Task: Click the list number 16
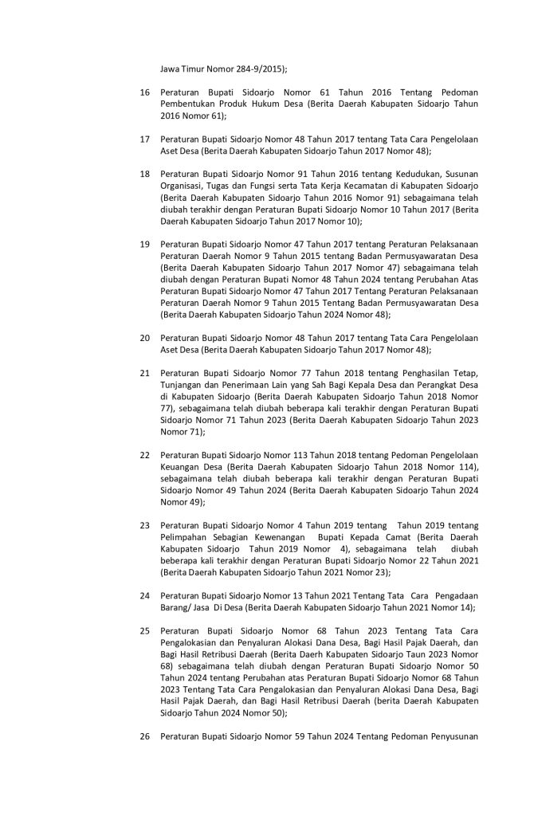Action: point(145,93)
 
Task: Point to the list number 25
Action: point(145,631)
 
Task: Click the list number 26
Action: point(145,736)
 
